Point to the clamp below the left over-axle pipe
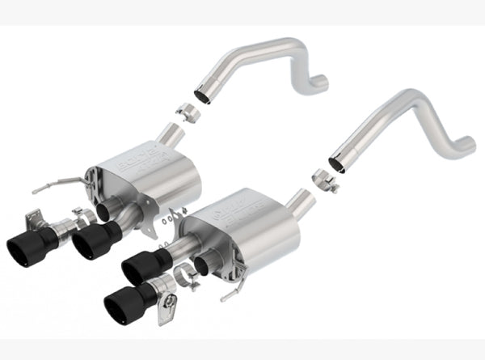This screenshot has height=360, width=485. click(192, 111)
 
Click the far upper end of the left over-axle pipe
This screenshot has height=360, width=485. click(320, 81)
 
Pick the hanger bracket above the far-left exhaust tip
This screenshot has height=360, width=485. click(34, 216)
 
